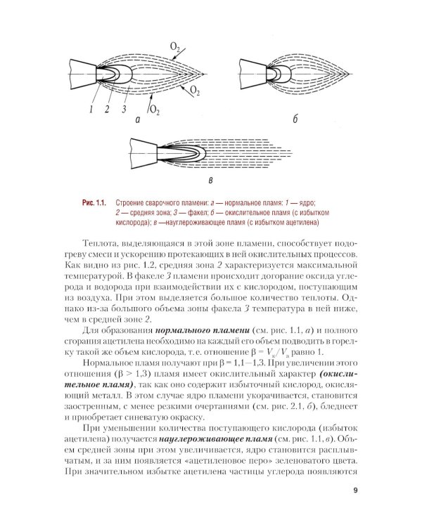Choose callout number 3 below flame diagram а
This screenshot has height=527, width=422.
pyautogui.click(x=124, y=109)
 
